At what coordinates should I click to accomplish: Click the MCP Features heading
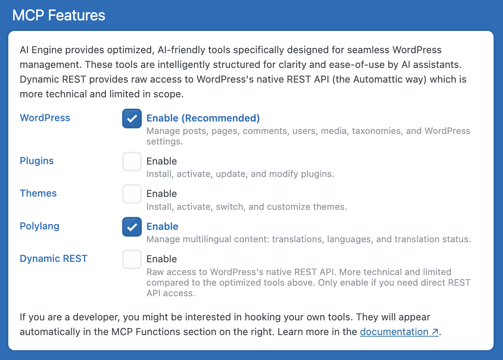(59, 15)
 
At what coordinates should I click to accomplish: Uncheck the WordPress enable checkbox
(132, 118)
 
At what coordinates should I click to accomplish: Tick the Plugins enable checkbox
(132, 162)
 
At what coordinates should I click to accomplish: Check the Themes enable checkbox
(132, 194)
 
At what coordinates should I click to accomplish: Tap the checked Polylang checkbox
(132, 227)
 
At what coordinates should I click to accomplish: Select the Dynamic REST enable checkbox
(132, 259)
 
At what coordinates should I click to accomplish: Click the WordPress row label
(45, 118)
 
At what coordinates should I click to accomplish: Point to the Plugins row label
(37, 161)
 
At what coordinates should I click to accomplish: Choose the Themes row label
(38, 193)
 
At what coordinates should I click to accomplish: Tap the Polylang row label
(40, 226)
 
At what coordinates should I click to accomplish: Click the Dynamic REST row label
(54, 258)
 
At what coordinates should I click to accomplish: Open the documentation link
(394, 332)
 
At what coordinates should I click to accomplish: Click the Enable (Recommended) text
(203, 118)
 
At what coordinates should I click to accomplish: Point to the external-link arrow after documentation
(435, 332)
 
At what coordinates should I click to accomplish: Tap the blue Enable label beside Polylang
(162, 226)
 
